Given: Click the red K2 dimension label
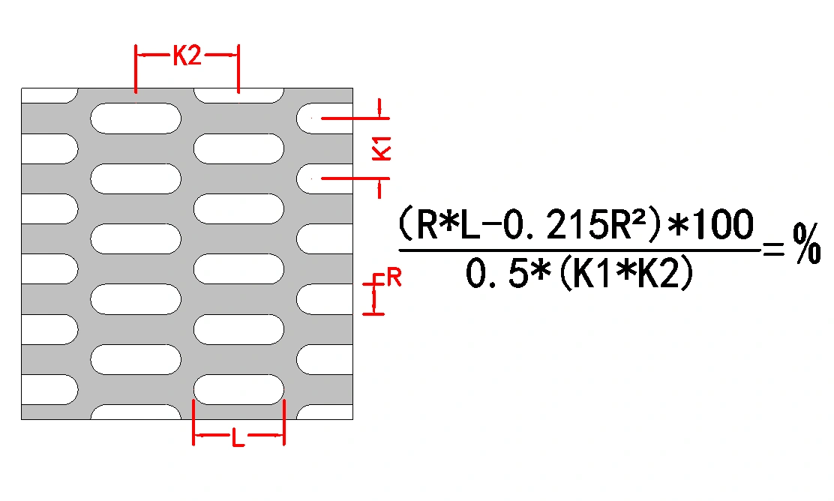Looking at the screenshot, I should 187,56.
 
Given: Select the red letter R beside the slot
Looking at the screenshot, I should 394,280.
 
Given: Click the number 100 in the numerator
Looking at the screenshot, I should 723,223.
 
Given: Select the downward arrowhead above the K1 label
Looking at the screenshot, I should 380,112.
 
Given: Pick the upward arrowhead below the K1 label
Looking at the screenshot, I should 380,183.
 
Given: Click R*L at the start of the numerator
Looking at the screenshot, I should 443,223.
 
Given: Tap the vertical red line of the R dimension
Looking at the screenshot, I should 376,295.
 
